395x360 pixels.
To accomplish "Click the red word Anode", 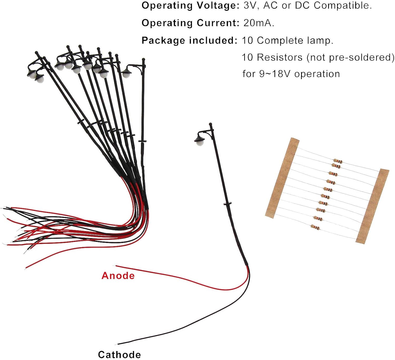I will pyautogui.click(x=118, y=276).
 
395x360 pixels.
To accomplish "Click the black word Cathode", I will pyautogui.click(x=119, y=354).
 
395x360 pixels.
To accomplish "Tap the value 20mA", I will pyautogui.click(x=259, y=23).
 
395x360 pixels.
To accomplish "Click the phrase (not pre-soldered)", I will pyautogui.click(x=350, y=57).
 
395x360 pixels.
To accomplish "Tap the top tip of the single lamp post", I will pyautogui.click(x=210, y=124).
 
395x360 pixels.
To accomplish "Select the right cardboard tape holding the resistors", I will pyautogui.click(x=372, y=206).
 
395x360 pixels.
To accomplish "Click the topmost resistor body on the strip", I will pyautogui.click(x=338, y=161).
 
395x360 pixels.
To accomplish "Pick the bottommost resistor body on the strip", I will pyautogui.click(x=315, y=227).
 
